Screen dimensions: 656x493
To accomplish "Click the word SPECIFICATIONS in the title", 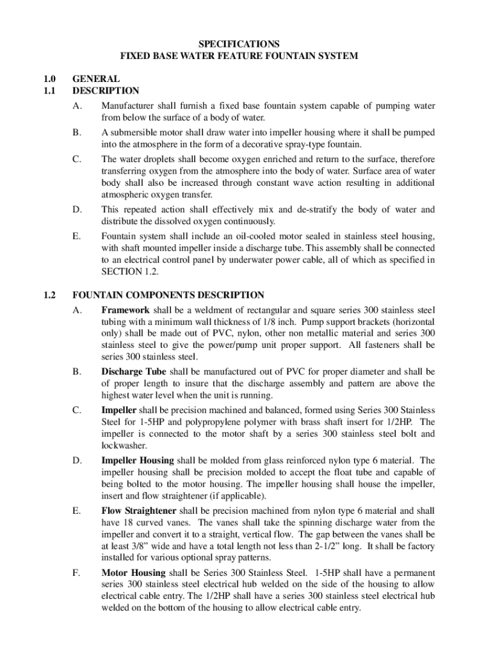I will [x=239, y=44].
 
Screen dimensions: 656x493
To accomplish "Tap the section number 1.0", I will [x=49, y=79].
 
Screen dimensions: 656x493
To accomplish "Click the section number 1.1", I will [x=49, y=91].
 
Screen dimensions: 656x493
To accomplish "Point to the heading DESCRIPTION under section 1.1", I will [x=106, y=91].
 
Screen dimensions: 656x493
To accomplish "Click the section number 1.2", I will [x=49, y=295].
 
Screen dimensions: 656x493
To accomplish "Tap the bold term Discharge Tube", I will [x=134, y=372].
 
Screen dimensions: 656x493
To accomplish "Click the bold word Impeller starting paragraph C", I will [x=118, y=409].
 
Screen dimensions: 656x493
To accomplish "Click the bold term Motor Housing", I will [x=133, y=572].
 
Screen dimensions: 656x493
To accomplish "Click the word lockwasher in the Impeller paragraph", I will [x=124, y=445].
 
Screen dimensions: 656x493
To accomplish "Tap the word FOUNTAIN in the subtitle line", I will [x=294, y=56].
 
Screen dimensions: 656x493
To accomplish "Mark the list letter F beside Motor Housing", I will [x=76, y=572].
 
